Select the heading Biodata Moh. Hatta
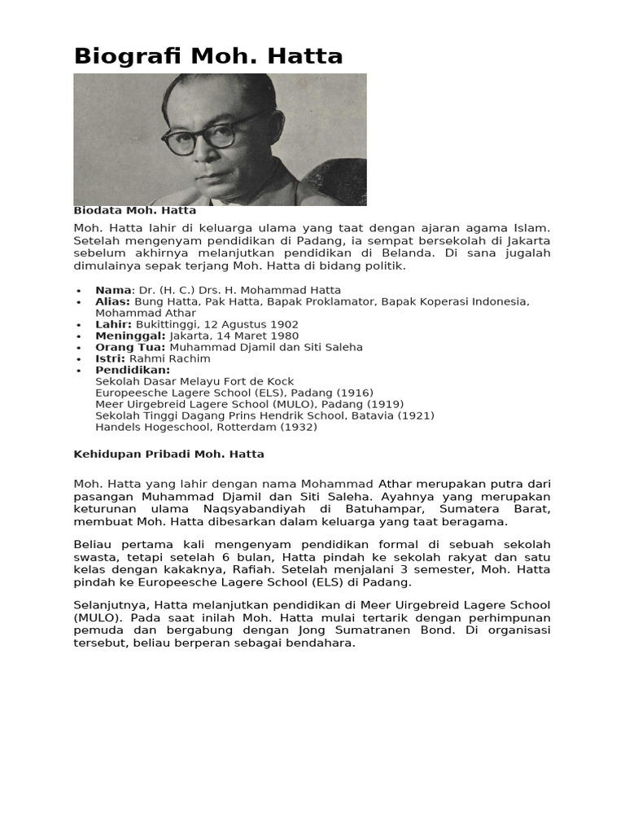[x=134, y=210]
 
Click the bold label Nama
[x=113, y=290]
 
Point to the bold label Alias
[x=112, y=301]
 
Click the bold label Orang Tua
[x=130, y=347]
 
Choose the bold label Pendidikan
[x=133, y=370]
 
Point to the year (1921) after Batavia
[x=416, y=415]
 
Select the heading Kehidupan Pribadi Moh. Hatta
[x=168, y=454]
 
